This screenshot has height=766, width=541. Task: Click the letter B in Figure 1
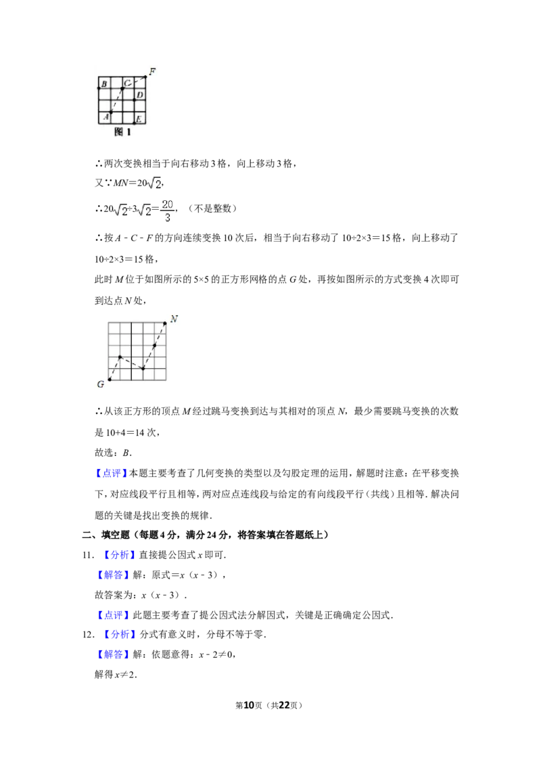pyautogui.click(x=103, y=84)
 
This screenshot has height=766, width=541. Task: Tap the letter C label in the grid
pyautogui.click(x=127, y=83)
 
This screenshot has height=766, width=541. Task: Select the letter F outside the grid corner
pyautogui.click(x=152, y=71)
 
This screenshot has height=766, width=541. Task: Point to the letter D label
pyautogui.click(x=139, y=95)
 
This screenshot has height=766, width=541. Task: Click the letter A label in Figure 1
pyautogui.click(x=105, y=118)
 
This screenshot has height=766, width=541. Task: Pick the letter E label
pyautogui.click(x=139, y=119)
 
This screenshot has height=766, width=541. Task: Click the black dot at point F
pyautogui.click(x=145, y=76)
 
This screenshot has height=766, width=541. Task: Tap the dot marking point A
pyautogui.click(x=111, y=112)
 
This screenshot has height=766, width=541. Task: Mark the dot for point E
pyautogui.click(x=134, y=123)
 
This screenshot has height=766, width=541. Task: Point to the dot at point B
pyautogui.click(x=99, y=88)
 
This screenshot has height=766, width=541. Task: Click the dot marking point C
pyautogui.click(x=122, y=88)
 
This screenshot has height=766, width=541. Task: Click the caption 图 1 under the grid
pyautogui.click(x=122, y=133)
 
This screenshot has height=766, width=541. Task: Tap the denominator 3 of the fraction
pyautogui.click(x=168, y=218)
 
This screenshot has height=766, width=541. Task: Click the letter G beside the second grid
pyautogui.click(x=100, y=384)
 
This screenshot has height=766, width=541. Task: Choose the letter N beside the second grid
pyautogui.click(x=174, y=319)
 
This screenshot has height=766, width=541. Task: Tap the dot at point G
pyautogui.click(x=110, y=380)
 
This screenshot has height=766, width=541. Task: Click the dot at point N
pyautogui.click(x=166, y=323)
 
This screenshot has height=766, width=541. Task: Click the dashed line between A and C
pyautogui.click(x=116, y=100)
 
